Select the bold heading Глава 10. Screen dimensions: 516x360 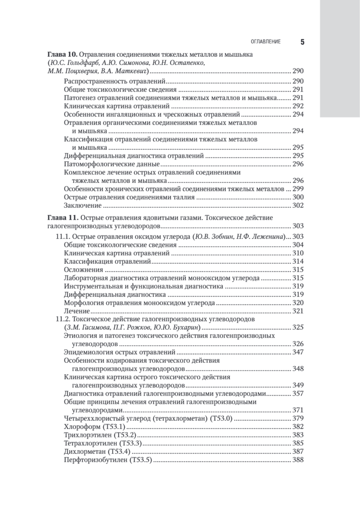[x=62, y=55]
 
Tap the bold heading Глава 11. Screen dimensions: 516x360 [x=62, y=218]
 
